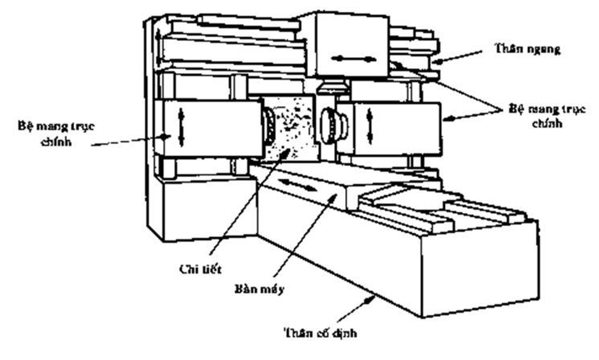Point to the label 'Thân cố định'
[x=320, y=334]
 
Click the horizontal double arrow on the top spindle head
[x=353, y=59]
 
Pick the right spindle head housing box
[x=392, y=129]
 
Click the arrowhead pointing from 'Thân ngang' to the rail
[x=435, y=61]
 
